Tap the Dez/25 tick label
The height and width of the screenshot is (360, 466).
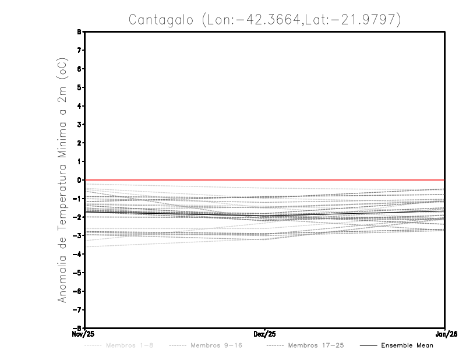[x=264, y=334]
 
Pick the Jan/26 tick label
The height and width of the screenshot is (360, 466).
[x=444, y=334]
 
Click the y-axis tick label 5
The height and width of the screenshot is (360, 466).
[x=79, y=87]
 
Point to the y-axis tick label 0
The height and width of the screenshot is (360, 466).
[x=79, y=180]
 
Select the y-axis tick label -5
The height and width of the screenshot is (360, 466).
[x=77, y=273]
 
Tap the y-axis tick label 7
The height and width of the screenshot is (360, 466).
[x=79, y=51]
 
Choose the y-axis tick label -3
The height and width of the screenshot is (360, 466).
[x=77, y=236]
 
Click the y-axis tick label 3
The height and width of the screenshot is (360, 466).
[x=79, y=125]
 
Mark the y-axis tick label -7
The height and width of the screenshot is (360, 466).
[x=77, y=310]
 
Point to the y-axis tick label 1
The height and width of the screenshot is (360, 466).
[x=79, y=161]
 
